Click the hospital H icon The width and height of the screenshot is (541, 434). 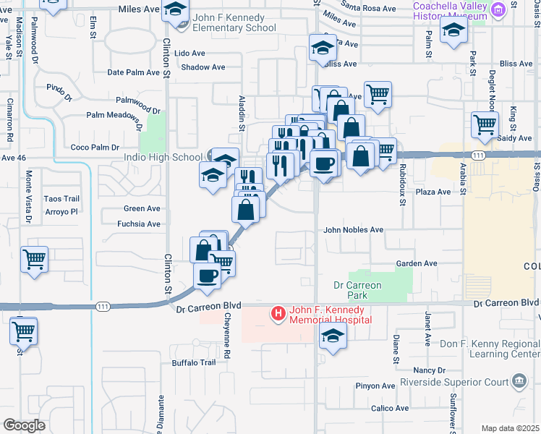coord(277,313)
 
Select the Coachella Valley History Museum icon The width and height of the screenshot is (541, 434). coord(498,10)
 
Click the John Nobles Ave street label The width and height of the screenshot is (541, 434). coord(353,230)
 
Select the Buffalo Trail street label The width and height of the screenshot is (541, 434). coord(193,363)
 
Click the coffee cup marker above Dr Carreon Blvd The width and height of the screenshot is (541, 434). coord(208,276)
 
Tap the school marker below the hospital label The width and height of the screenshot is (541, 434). coord(333,336)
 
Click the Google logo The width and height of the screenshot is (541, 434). coord(24,425)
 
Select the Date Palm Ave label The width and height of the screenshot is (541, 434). coord(133,72)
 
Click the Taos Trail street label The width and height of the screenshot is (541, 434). coord(61,199)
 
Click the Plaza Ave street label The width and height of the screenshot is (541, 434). coord(434,192)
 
